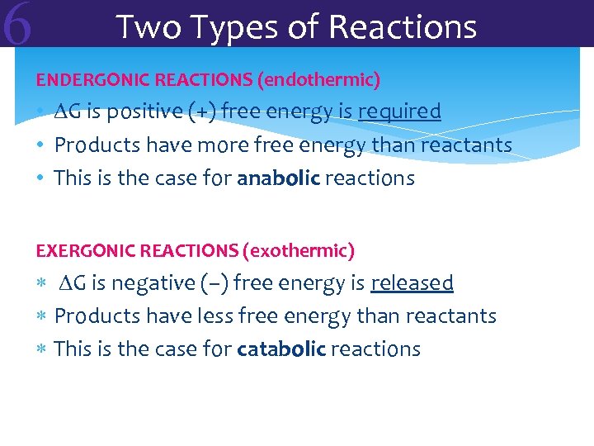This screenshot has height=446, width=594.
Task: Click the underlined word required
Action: [x=399, y=111]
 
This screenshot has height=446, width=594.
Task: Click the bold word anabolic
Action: [x=278, y=178]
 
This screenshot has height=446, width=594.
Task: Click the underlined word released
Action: [x=412, y=283]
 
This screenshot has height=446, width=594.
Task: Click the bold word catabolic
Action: [x=280, y=349]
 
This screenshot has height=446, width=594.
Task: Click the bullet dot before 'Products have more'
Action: [x=40, y=146]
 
